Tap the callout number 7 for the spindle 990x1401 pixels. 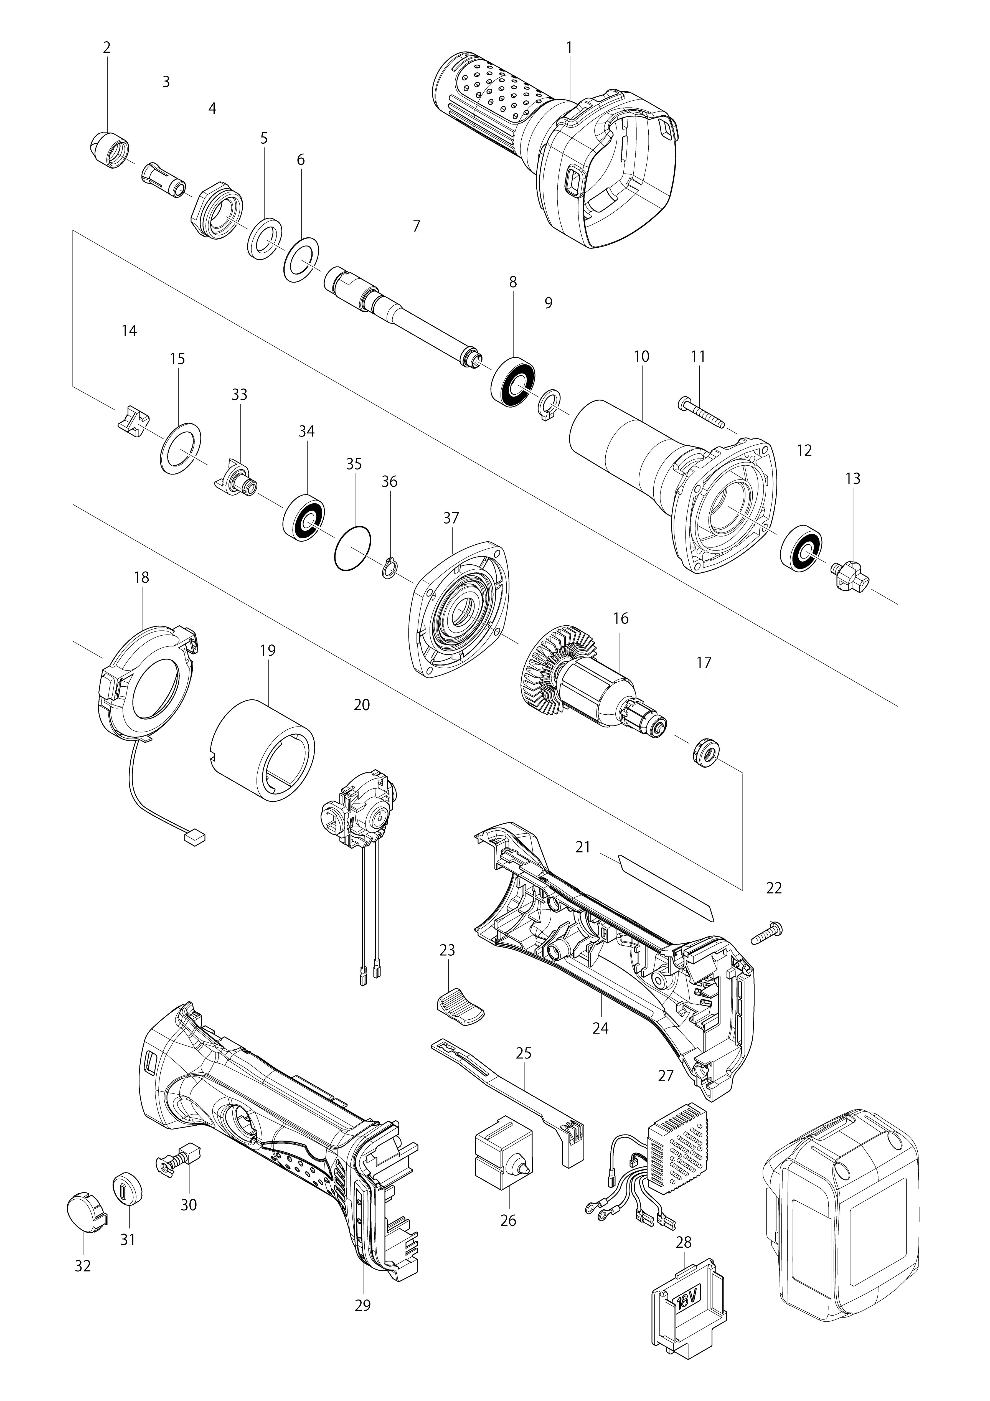pyautogui.click(x=416, y=226)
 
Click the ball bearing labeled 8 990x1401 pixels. pyautogui.click(x=513, y=378)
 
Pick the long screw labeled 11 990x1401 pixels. pyautogui.click(x=700, y=413)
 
